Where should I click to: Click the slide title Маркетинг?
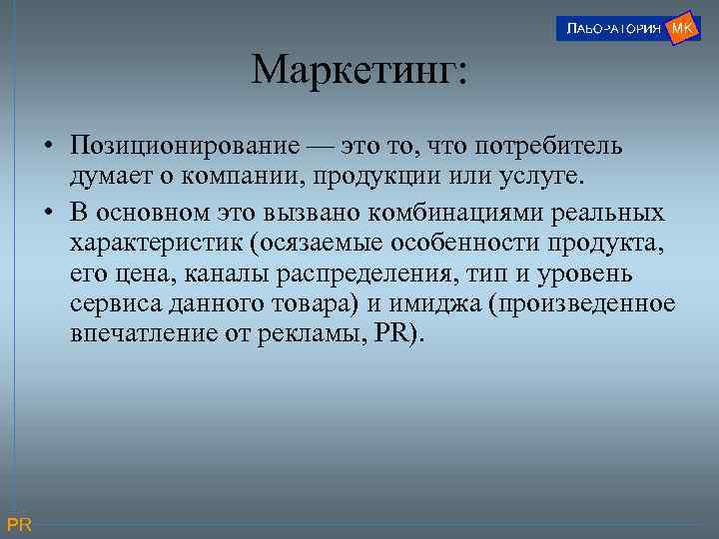pyautogui.click(x=359, y=70)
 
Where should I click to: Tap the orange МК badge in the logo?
pyautogui.click(x=683, y=27)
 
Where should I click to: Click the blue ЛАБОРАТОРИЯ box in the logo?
pyautogui.click(x=609, y=29)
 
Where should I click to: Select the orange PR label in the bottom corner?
pyautogui.click(x=19, y=525)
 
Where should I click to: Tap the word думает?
pyautogui.click(x=109, y=178)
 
